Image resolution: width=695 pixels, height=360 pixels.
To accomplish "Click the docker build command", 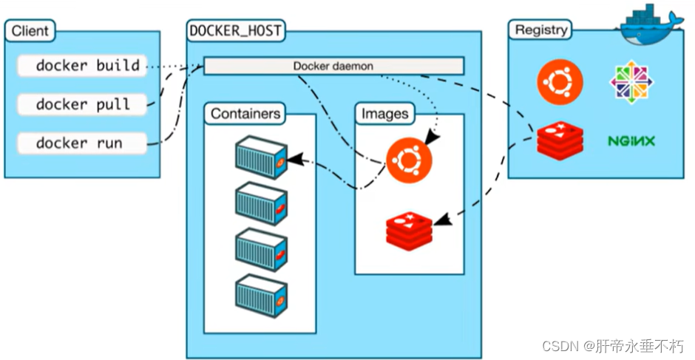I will [87, 66].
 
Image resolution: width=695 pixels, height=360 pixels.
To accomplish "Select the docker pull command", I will [84, 104].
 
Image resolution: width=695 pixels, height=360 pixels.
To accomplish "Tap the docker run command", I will [79, 143].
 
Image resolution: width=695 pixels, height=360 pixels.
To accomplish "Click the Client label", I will [30, 32].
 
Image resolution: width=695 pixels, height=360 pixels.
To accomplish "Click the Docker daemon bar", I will [333, 67].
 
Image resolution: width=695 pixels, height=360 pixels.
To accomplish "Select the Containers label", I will [245, 114].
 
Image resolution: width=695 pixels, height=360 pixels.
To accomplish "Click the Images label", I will [384, 114].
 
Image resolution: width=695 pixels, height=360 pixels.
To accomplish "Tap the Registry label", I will [542, 30].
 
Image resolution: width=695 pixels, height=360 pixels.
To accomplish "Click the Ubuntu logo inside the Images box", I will [410, 160].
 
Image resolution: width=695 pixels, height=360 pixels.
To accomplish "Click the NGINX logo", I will [632, 140].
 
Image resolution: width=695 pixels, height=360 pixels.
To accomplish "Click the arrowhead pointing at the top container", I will [293, 159].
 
